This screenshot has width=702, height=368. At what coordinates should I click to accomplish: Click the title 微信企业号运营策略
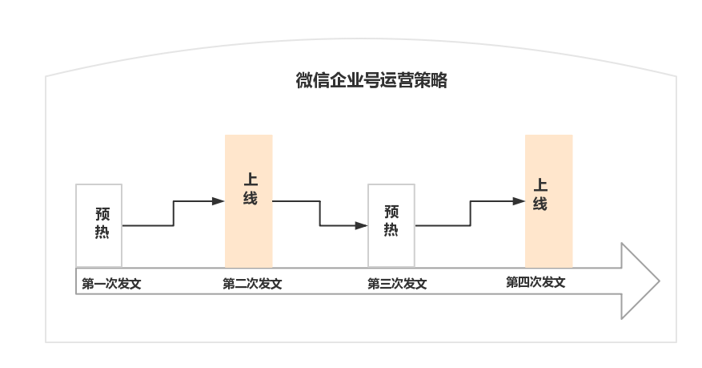371,81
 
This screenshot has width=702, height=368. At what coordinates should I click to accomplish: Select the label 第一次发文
111,284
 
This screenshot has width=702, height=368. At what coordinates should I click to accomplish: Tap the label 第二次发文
252,284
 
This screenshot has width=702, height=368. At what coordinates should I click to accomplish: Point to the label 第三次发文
397,284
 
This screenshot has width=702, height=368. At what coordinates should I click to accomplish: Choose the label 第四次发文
536,282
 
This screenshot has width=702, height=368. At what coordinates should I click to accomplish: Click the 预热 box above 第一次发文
99,225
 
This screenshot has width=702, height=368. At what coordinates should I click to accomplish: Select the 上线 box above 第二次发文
249,201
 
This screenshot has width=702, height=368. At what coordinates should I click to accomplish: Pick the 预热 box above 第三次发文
391,225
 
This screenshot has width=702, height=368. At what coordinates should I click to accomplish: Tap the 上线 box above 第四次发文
549,201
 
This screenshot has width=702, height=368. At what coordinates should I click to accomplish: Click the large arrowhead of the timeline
640,281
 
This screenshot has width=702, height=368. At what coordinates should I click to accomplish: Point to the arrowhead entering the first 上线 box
219,201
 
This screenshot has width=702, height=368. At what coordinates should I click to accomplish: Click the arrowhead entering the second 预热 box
361,225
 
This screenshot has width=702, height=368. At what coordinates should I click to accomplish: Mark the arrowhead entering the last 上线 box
519,201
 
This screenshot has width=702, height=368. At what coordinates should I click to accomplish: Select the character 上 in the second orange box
540,184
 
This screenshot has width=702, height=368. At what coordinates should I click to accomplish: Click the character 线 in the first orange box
251,198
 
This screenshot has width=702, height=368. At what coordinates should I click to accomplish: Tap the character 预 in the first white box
102,214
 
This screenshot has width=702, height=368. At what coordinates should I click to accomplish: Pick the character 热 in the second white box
391,229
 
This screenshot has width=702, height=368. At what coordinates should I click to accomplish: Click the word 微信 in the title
312,81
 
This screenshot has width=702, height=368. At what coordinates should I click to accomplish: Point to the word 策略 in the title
431,81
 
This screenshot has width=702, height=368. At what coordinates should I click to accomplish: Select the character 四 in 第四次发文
523,282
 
